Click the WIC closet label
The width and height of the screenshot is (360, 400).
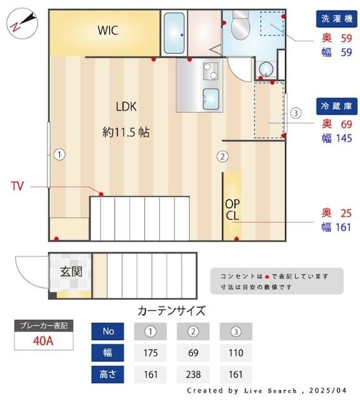107,30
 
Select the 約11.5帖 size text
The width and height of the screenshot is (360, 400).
126,132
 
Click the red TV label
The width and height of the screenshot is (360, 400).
17,186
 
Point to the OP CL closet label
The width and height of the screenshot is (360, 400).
232,210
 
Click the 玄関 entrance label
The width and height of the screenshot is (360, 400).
71,272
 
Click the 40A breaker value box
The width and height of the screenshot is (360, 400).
44,342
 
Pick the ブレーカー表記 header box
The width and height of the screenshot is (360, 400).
44,326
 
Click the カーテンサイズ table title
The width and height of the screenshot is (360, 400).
171,311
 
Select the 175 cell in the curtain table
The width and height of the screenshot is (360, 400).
150,352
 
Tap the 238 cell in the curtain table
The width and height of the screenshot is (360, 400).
193,374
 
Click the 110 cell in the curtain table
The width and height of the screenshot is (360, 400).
236,352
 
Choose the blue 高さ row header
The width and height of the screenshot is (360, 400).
108,374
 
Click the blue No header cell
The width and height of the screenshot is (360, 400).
108,331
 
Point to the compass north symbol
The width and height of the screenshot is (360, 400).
22,23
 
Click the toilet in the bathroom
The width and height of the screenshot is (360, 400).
240,24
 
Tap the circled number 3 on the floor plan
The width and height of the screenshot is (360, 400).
296,113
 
